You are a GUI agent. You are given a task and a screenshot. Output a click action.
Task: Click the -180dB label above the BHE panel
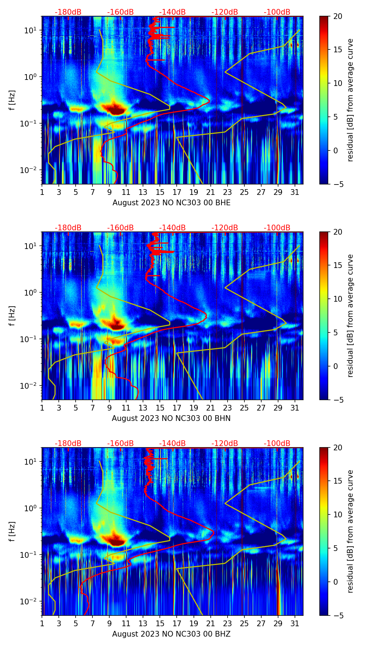(x=68, y=12)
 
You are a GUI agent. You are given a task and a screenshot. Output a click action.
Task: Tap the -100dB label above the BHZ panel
(x=277, y=444)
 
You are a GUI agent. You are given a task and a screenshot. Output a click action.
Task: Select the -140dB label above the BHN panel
(x=172, y=228)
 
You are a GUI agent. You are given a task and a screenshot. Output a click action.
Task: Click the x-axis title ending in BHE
(x=171, y=203)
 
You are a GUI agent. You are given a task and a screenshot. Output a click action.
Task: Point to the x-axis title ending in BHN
(x=171, y=418)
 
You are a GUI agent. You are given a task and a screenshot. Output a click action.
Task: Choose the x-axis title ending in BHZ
(x=171, y=634)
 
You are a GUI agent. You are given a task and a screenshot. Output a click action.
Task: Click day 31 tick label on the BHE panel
(x=295, y=192)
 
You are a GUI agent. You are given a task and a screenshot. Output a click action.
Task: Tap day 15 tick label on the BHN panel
(x=160, y=408)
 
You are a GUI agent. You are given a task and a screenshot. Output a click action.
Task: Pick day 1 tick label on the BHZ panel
(x=42, y=623)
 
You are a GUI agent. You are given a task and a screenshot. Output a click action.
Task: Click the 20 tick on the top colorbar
(x=338, y=16)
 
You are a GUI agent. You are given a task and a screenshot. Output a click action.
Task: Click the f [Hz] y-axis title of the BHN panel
(x=13, y=316)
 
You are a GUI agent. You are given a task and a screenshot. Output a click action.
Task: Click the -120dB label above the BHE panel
(x=225, y=12)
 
